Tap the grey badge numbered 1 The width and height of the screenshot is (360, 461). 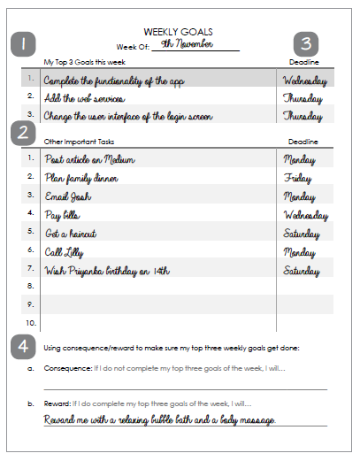pyautogui.click(x=22, y=43)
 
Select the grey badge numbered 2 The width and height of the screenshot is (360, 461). pyautogui.click(x=22, y=132)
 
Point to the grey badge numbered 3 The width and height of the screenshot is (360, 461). pyautogui.click(x=306, y=43)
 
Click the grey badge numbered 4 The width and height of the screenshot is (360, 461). pyautogui.click(x=22, y=345)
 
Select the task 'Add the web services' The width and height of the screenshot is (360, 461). pyautogui.click(x=85, y=99)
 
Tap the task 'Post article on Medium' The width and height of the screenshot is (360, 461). pyautogui.click(x=89, y=159)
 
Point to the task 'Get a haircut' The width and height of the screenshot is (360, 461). pyautogui.click(x=72, y=234)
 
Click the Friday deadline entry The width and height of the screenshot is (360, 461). pyautogui.click(x=298, y=178)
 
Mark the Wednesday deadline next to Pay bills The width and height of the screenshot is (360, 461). pyautogui.click(x=307, y=214)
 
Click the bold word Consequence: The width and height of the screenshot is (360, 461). pyautogui.click(x=67, y=367)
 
